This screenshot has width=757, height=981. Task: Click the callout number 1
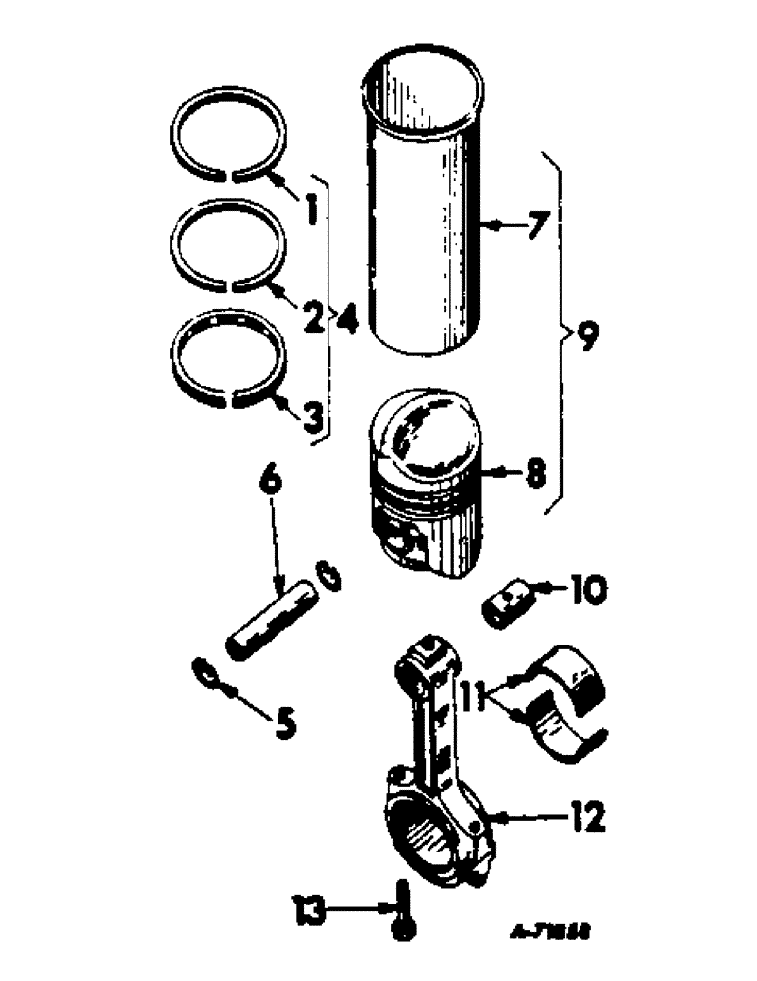[x=309, y=207]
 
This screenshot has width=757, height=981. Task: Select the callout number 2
[x=311, y=315]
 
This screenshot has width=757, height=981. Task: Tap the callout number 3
[x=311, y=419]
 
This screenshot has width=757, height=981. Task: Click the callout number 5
[x=282, y=724]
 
